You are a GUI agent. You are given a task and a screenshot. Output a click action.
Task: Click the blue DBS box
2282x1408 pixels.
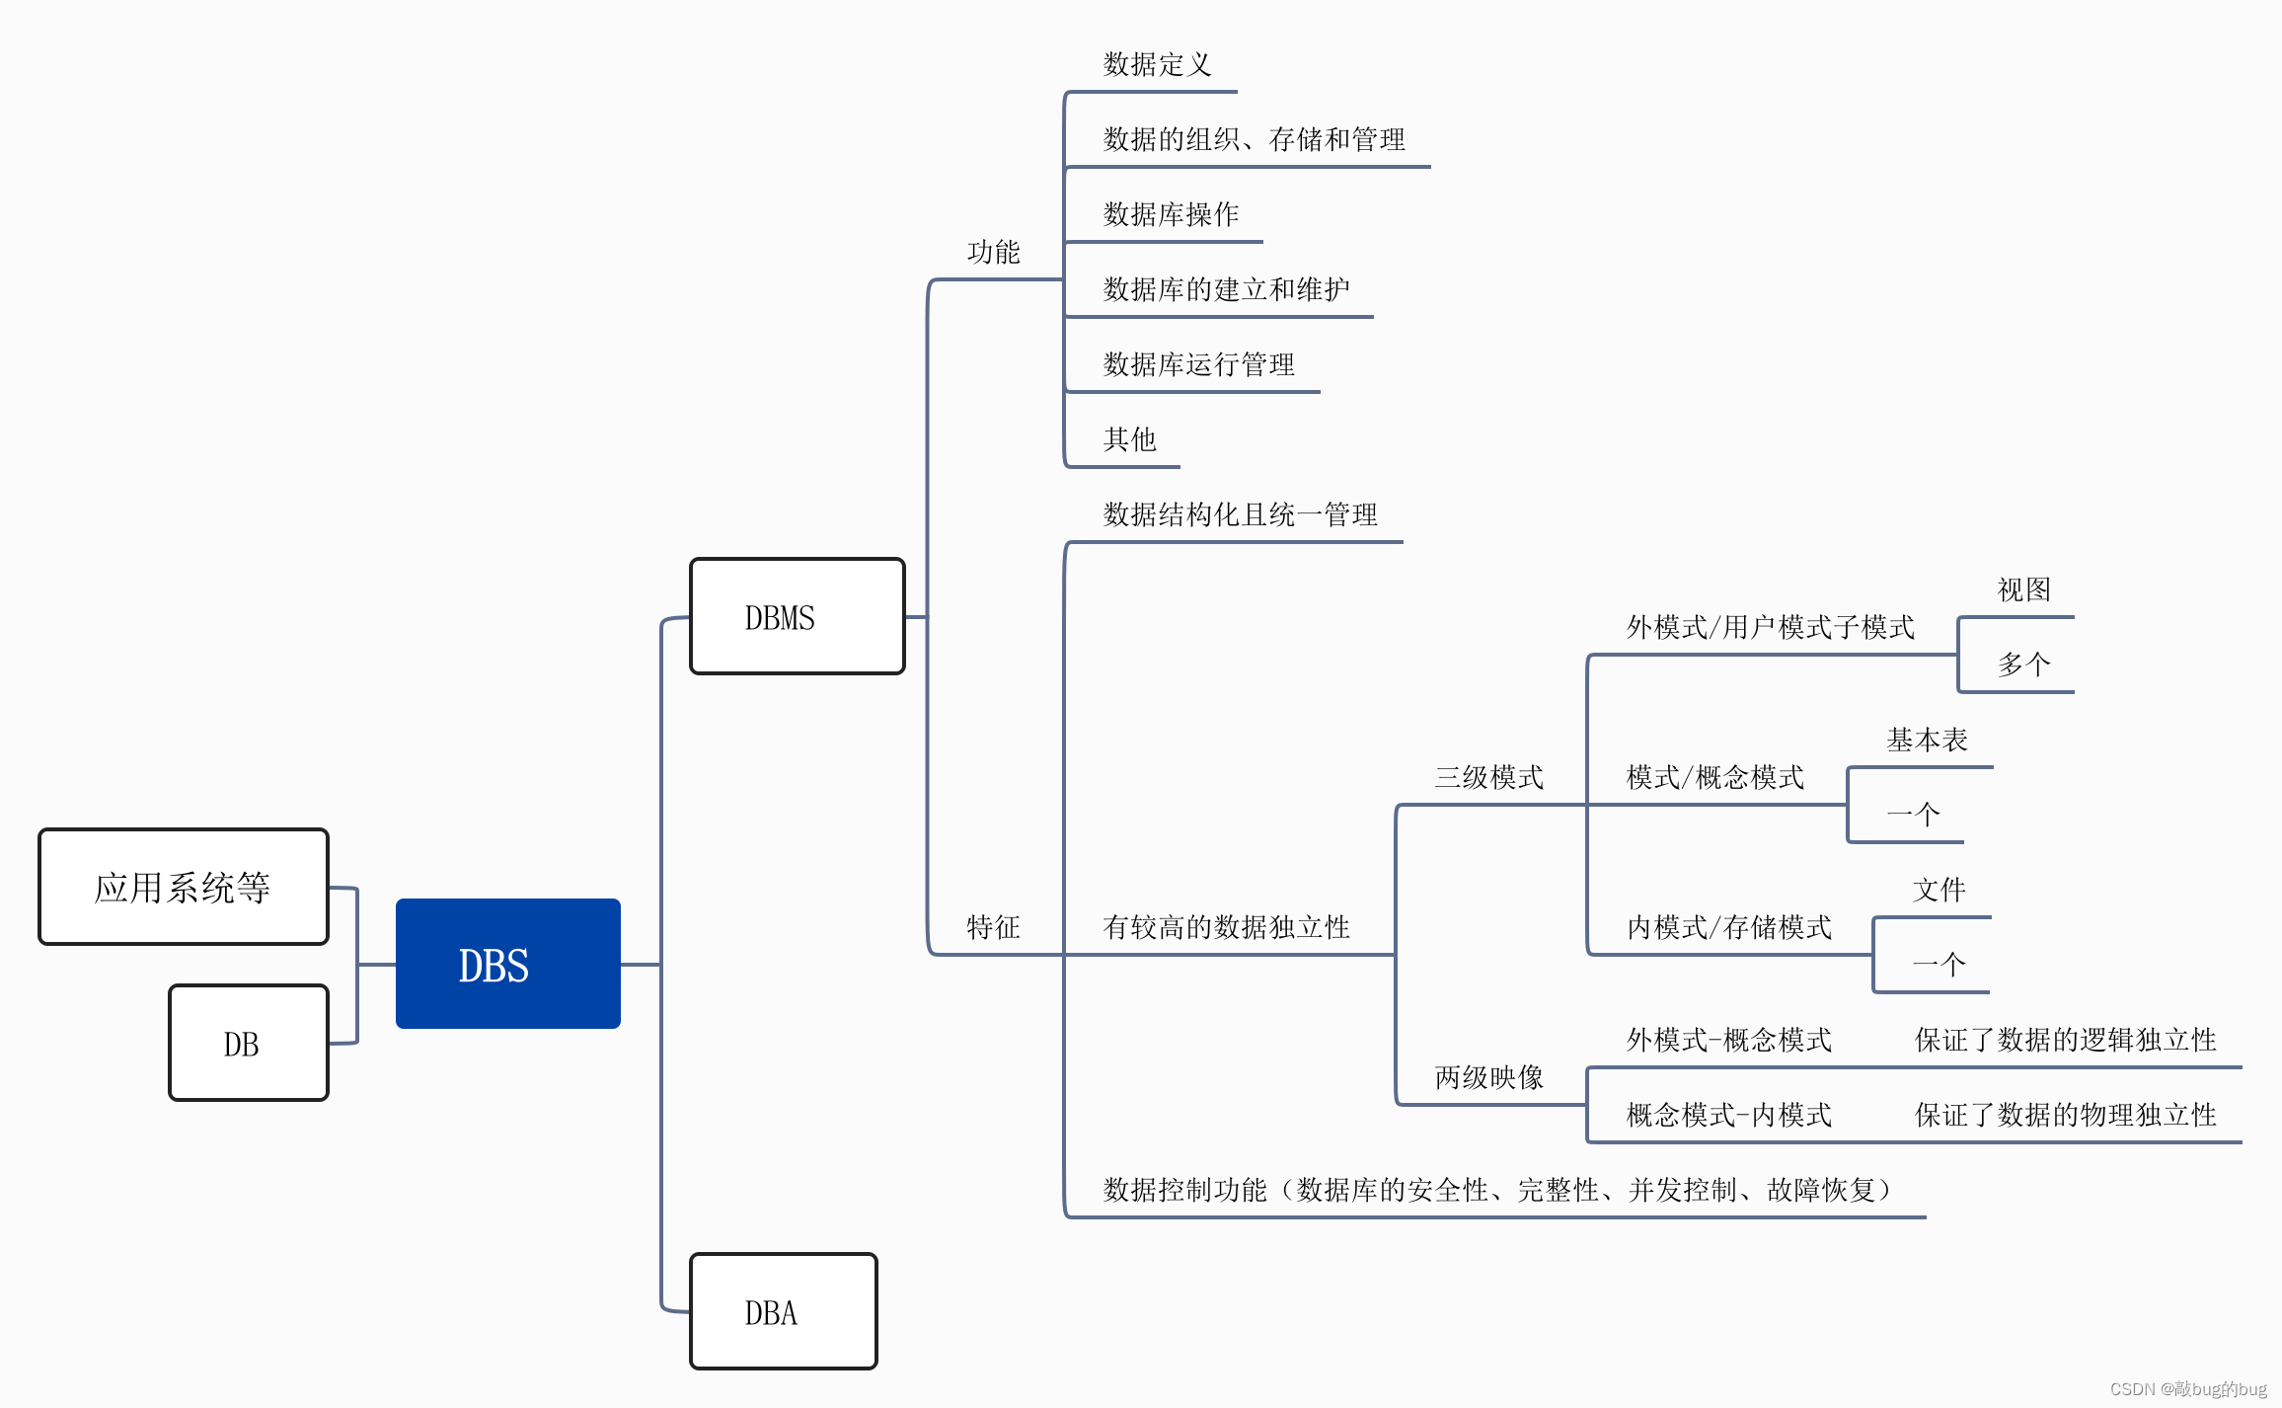[x=507, y=964]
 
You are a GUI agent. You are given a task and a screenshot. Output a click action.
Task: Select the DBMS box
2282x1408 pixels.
[x=797, y=617]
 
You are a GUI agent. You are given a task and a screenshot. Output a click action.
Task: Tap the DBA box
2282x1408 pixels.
[x=783, y=1311]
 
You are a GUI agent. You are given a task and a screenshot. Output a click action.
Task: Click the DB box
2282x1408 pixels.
[x=248, y=1043]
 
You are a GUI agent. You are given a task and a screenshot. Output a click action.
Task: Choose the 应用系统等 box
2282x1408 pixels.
[x=184, y=887]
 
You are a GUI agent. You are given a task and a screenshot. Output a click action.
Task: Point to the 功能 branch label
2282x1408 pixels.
[x=993, y=252]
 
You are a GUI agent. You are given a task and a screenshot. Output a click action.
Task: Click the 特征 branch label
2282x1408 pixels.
[x=993, y=926]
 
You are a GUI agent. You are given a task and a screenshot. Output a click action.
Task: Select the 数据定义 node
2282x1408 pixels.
[x=1157, y=64]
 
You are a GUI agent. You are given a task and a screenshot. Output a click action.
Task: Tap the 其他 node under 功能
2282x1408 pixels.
[x=1129, y=438]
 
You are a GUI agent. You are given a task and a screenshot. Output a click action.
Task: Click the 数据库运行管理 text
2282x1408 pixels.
[x=1198, y=364]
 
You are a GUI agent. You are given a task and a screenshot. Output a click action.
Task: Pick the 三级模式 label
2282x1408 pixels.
[x=1488, y=777]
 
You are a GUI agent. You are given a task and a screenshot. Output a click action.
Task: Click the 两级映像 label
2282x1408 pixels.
[x=1488, y=1076]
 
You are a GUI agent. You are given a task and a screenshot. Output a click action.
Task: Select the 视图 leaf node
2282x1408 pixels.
[x=2023, y=589]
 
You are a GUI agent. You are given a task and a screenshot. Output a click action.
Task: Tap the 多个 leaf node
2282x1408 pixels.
[x=2023, y=664]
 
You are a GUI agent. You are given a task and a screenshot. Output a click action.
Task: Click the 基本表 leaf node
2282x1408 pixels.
[x=1927, y=740]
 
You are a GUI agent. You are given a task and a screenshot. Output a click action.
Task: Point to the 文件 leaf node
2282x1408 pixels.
[x=1939, y=890]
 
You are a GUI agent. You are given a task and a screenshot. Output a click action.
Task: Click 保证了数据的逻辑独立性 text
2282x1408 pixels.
[x=2065, y=1039]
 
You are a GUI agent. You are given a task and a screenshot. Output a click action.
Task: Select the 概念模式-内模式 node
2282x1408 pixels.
[x=1728, y=1115]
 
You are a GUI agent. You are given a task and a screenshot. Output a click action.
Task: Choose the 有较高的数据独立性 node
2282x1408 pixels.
[x=1226, y=926]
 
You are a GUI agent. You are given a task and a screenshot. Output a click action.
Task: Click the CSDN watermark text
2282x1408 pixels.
[x=2187, y=1388]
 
